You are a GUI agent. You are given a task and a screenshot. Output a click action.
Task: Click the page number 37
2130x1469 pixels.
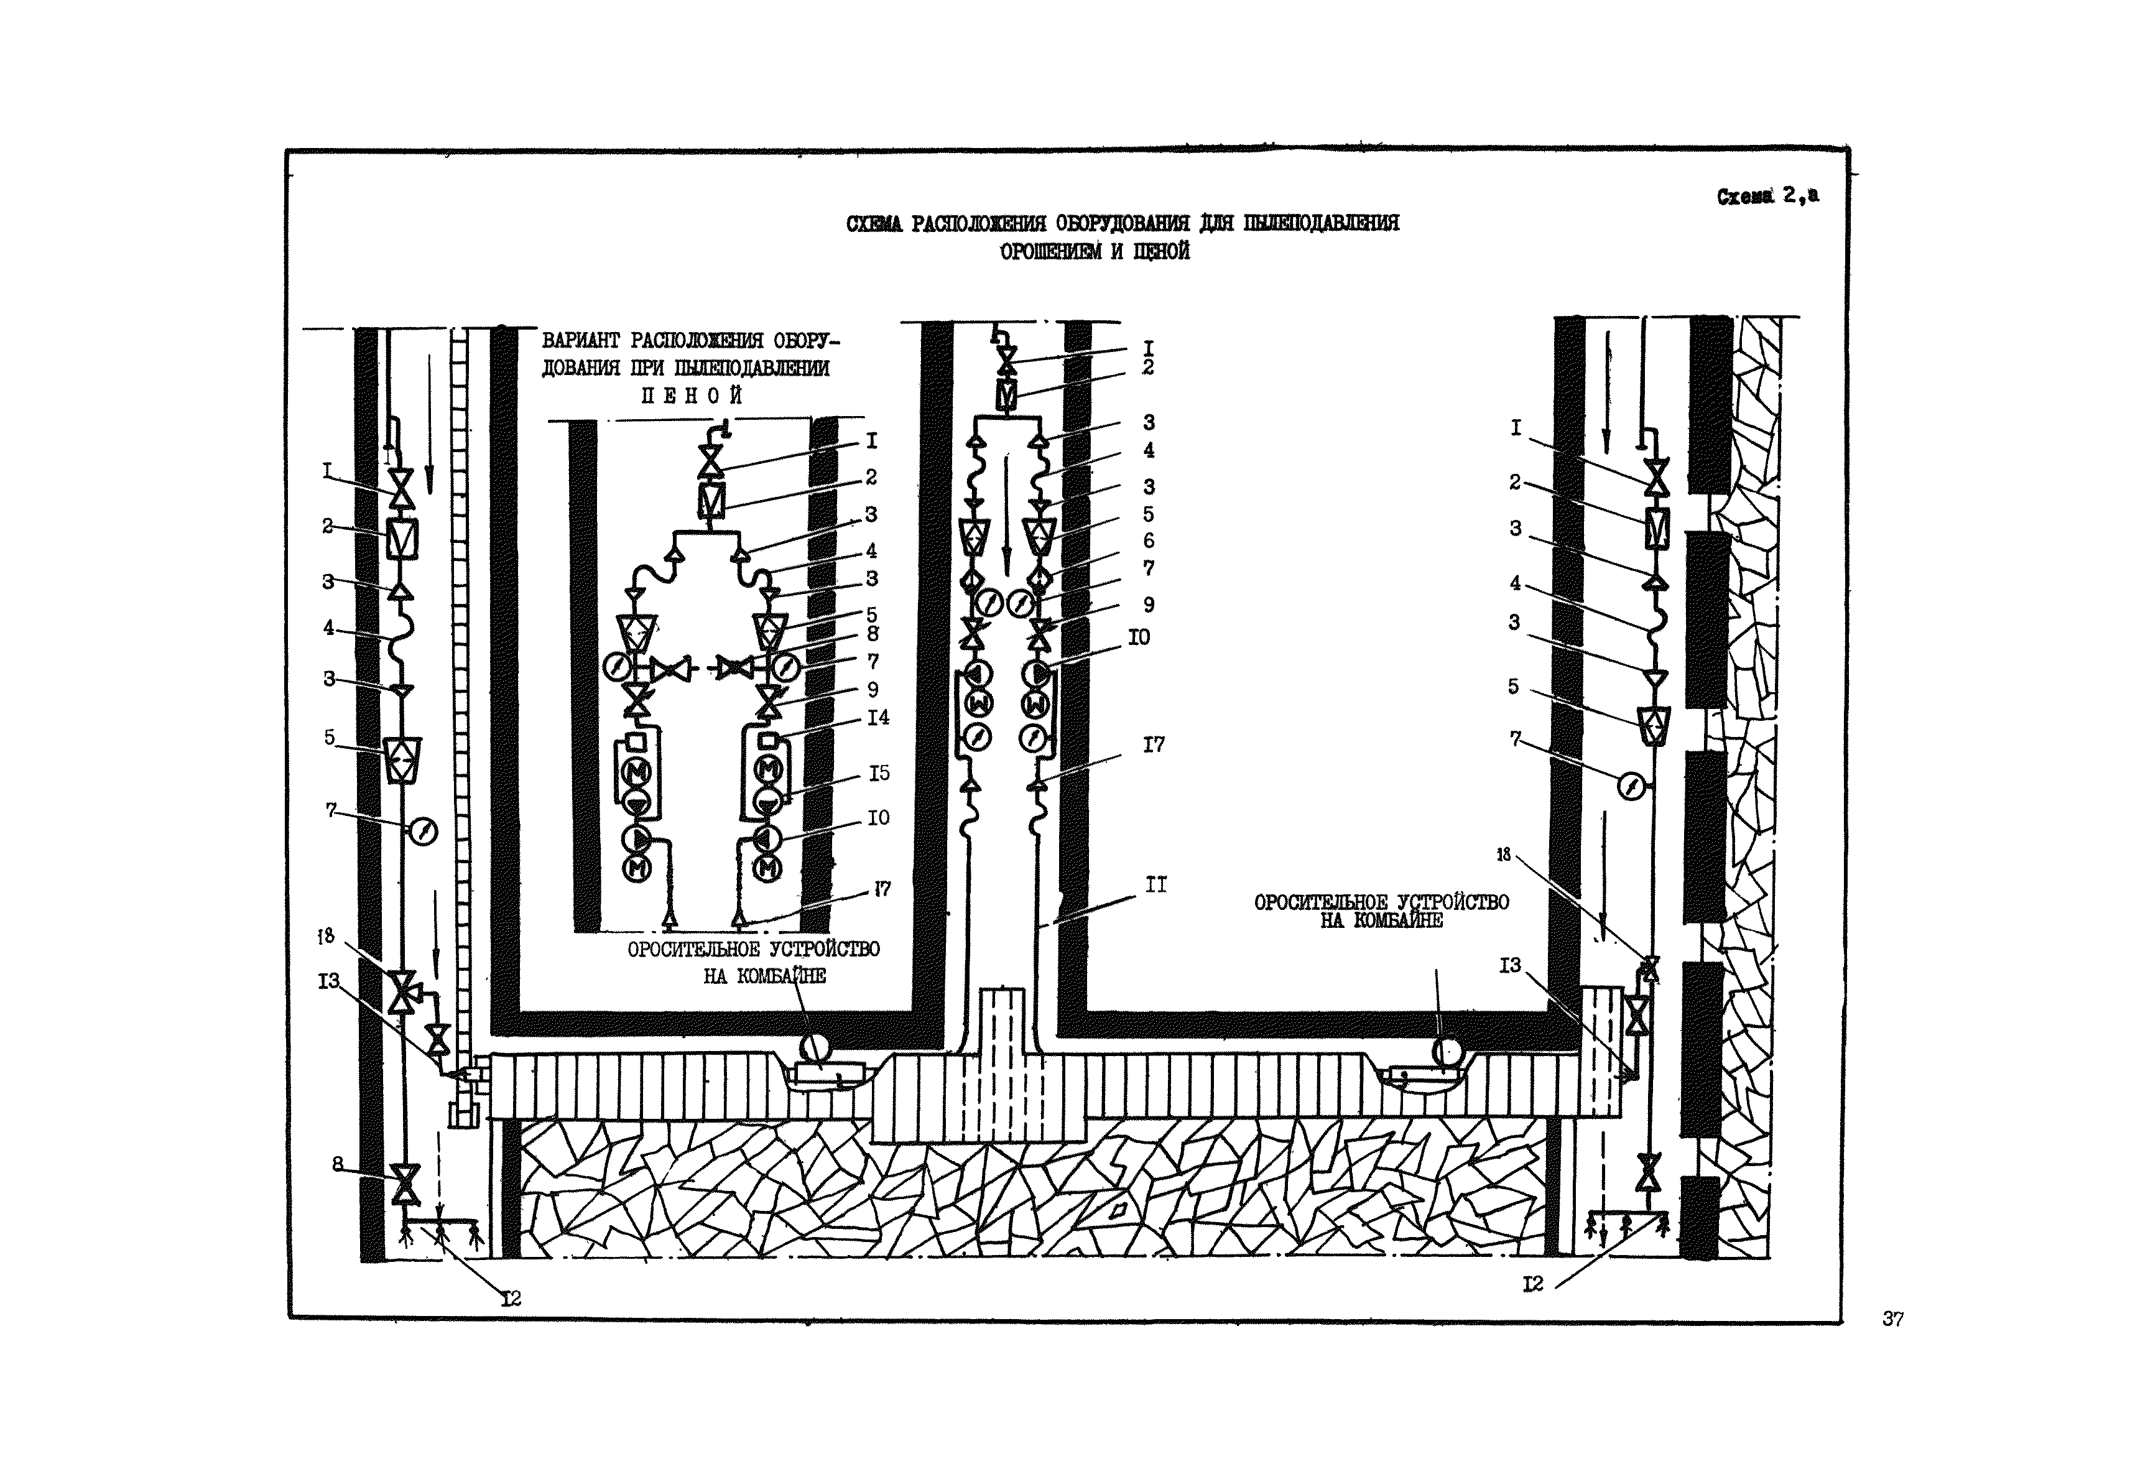click(1892, 1319)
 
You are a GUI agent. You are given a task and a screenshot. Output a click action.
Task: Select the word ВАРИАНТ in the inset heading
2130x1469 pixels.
click(581, 341)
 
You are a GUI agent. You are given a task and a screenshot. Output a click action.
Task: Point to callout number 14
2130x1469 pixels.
click(878, 717)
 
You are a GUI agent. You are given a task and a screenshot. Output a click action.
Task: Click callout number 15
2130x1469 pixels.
click(879, 773)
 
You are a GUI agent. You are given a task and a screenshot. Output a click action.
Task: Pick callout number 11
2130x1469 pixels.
click(1155, 884)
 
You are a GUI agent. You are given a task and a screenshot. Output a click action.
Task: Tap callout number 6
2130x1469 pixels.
click(1148, 540)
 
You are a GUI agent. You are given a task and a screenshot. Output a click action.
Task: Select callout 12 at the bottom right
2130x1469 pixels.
click(1532, 1283)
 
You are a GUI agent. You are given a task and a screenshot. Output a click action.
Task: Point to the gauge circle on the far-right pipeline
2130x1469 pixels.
click(1631, 787)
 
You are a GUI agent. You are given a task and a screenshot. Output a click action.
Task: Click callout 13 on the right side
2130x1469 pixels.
click(1509, 965)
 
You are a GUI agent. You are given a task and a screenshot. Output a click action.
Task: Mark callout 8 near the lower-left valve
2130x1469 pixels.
click(338, 1164)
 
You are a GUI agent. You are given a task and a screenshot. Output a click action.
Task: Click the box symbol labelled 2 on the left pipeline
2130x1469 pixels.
click(401, 539)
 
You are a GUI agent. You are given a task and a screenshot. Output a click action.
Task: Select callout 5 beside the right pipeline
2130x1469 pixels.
click(1513, 687)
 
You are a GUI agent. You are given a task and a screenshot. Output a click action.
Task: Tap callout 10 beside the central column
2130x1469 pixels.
click(1139, 637)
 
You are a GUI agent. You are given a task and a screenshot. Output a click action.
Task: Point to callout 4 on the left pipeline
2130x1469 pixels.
click(328, 628)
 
